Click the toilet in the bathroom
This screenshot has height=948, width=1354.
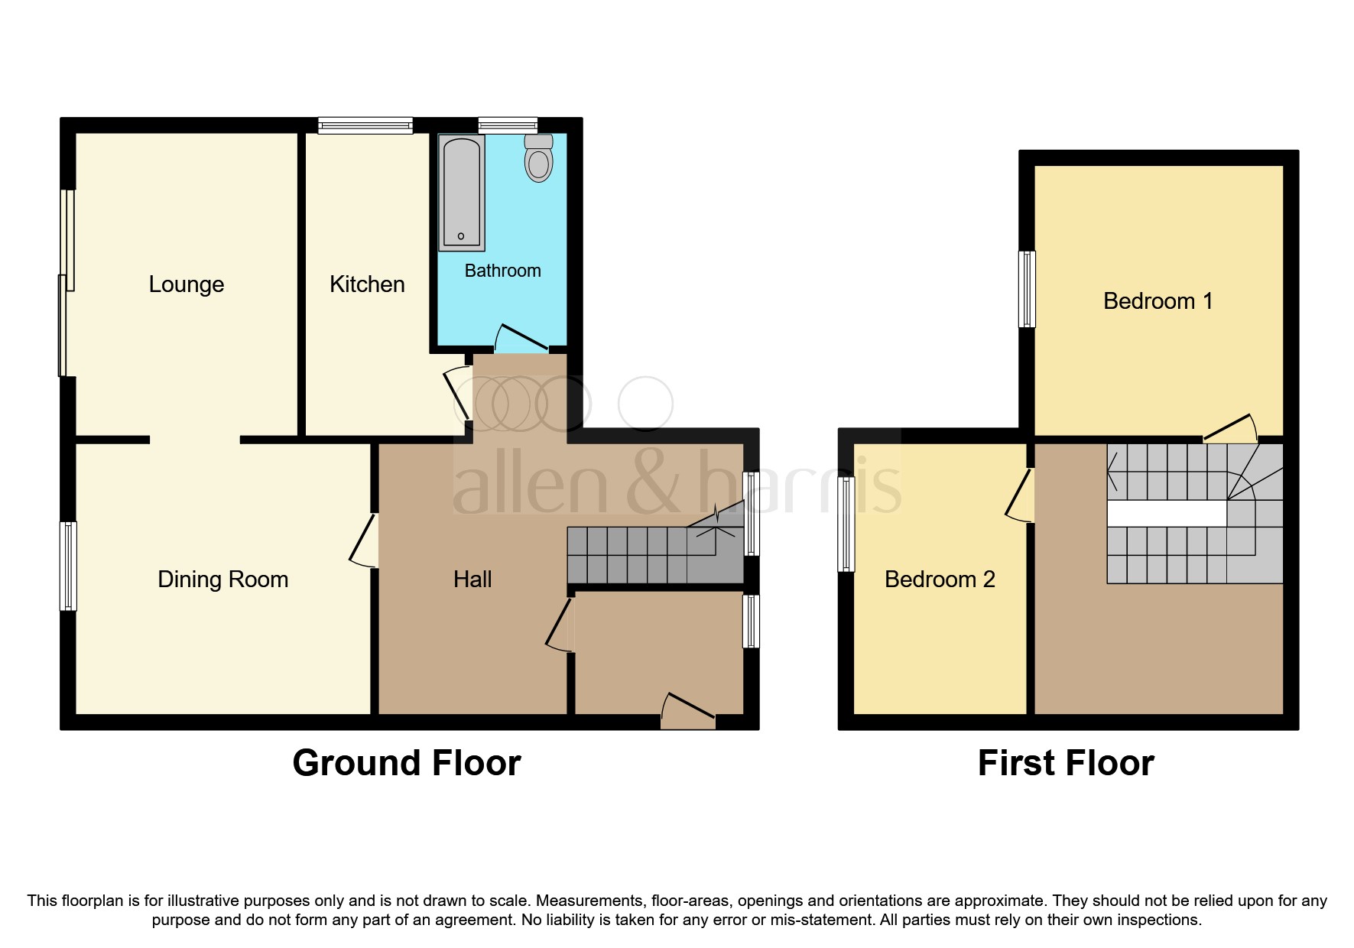pyautogui.click(x=539, y=160)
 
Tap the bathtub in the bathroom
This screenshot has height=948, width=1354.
pyautogui.click(x=462, y=193)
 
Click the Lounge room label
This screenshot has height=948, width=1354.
pyautogui.click(x=187, y=284)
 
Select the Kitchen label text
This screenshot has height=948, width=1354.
pyautogui.click(x=367, y=284)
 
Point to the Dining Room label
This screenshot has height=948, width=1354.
pyautogui.click(x=222, y=580)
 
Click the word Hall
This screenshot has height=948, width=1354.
pyautogui.click(x=472, y=580)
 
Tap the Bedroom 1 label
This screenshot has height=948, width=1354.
pyautogui.click(x=1158, y=301)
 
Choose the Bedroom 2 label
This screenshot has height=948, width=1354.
pyautogui.click(x=940, y=580)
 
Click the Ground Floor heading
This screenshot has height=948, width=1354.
pyautogui.click(x=407, y=763)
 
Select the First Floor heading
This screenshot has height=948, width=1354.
pyautogui.click(x=1066, y=763)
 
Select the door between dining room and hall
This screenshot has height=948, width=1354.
pyautogui.click(x=364, y=540)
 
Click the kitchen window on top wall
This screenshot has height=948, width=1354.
pyautogui.click(x=365, y=125)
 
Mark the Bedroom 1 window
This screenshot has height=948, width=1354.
pyautogui.click(x=1028, y=289)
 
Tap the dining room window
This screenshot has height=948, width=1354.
pyautogui.click(x=69, y=566)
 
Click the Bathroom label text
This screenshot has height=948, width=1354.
pyautogui.click(x=502, y=271)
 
